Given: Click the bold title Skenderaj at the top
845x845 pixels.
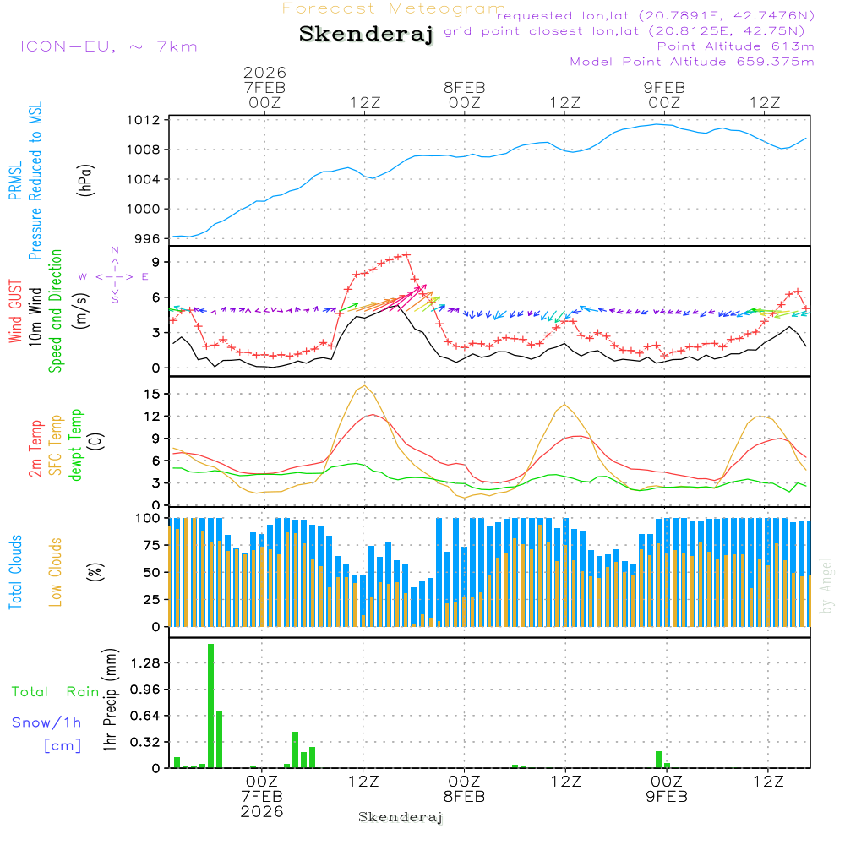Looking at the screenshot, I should pos(366,35).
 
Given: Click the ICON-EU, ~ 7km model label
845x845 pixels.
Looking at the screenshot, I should pos(108,46).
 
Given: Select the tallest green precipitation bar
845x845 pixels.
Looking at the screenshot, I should pos(210,706).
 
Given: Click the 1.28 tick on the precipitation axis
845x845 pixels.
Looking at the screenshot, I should pos(144,663).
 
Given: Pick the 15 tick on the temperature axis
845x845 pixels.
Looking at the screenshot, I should pos(153,394).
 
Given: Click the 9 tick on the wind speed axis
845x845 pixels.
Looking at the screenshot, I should pos(155,263).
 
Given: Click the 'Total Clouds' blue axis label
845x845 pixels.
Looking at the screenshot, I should pos(16,572).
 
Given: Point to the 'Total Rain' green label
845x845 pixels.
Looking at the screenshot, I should pos(56,692).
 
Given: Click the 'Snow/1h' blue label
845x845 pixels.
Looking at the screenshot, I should pos(47,722).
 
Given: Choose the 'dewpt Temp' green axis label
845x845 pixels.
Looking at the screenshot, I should pos(77,445).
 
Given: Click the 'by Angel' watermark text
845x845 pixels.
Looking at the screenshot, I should pos(826,586).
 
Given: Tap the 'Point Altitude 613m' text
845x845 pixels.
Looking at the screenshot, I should pos(735,46).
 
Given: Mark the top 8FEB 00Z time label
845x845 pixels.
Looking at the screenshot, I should pos(464,94).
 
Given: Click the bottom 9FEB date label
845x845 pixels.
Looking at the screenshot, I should pos(665,797).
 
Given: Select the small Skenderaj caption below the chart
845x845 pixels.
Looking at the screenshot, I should pos(401,817).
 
